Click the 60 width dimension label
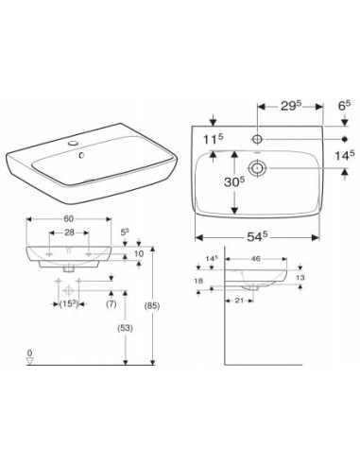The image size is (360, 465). coord(69,218)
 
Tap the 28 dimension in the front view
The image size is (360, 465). coord(69,232)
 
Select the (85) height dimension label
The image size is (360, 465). coord(152,305)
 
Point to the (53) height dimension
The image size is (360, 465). coord(125,328)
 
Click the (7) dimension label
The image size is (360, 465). coord(111,304)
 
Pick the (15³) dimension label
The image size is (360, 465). coord(68,304)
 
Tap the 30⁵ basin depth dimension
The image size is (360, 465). coord(234,181)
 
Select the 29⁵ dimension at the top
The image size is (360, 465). coord(291,106)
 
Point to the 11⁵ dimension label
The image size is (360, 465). coord(213,139)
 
